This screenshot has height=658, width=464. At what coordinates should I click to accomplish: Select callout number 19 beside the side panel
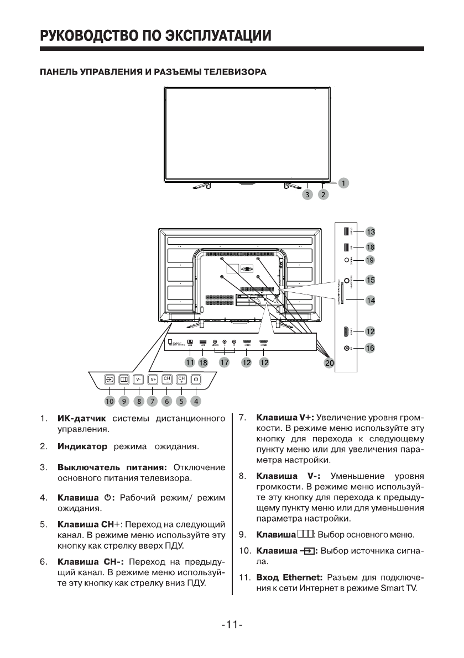tap(370, 260)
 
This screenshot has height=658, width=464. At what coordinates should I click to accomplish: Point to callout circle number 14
tap(370, 301)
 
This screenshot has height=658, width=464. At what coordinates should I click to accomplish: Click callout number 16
tap(370, 348)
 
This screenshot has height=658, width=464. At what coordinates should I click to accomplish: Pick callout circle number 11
tap(190, 362)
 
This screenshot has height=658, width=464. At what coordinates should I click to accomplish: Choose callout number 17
tap(225, 362)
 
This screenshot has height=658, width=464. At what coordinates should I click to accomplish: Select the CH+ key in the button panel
tap(181, 380)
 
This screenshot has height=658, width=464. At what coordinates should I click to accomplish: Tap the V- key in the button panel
tap(138, 380)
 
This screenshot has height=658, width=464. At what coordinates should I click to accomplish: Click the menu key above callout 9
tap(124, 380)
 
